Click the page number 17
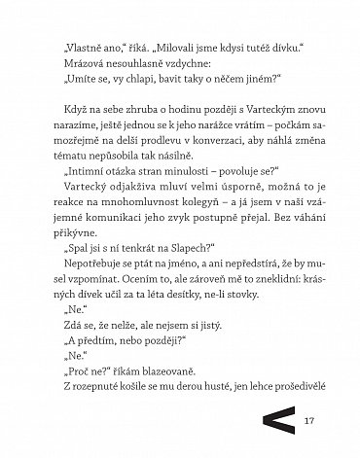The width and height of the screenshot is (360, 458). tap(311, 420)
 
